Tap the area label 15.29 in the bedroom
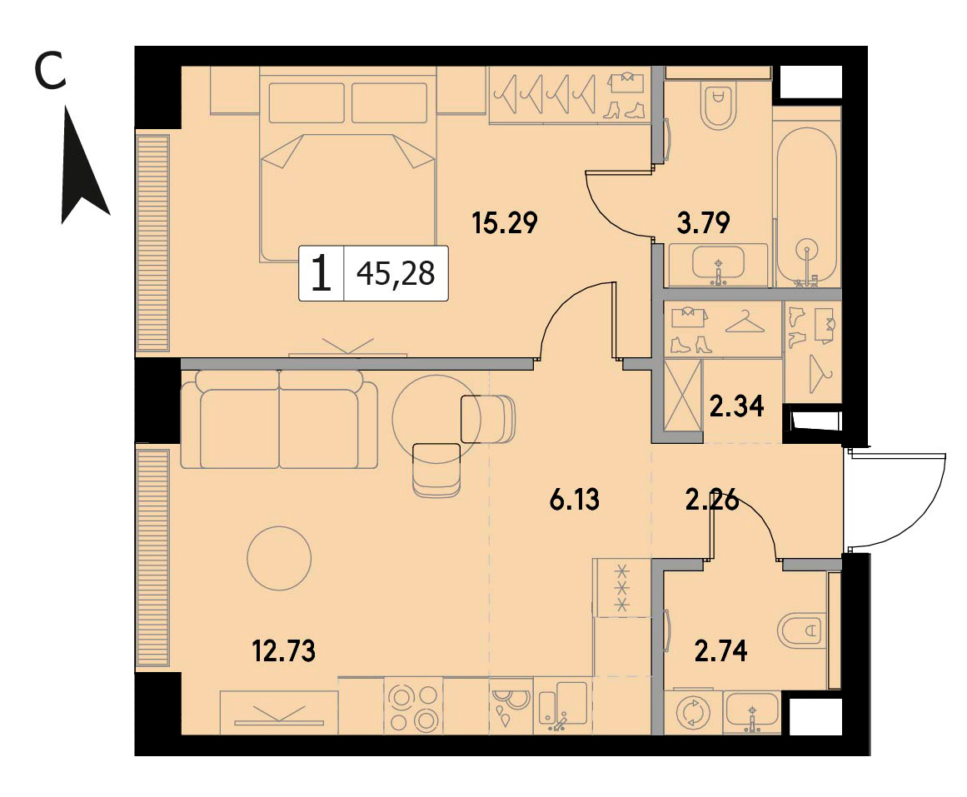click(505, 222)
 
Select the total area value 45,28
click(396, 272)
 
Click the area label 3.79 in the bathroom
click(703, 222)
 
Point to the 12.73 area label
click(284, 650)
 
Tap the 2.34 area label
click(737, 406)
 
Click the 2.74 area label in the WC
click(721, 650)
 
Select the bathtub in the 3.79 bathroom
click(806, 207)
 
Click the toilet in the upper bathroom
click(719, 106)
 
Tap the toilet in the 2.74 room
click(801, 630)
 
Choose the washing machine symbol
click(693, 713)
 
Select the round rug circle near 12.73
click(279, 558)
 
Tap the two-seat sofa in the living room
click(279, 419)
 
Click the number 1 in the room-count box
click(322, 273)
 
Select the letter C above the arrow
click(49, 71)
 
